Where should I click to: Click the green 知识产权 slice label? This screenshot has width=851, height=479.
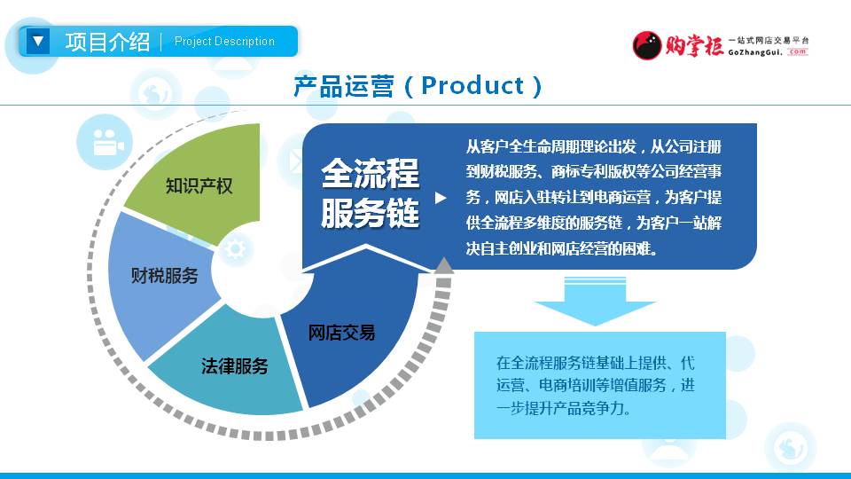(199, 186)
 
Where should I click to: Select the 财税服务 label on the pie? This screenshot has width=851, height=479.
(165, 275)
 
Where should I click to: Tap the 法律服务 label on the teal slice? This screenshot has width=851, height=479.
(234, 366)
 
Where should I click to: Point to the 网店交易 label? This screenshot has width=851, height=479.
(341, 333)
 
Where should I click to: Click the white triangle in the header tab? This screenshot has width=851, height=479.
(38, 42)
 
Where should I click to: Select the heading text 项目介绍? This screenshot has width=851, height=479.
(107, 42)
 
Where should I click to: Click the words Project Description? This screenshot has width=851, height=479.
(224, 42)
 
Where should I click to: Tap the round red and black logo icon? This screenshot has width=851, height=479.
(647, 45)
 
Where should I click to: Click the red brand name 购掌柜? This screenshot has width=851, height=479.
(695, 45)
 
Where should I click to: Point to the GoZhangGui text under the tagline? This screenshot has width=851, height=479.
(755, 52)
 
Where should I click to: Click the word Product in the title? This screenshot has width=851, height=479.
(472, 85)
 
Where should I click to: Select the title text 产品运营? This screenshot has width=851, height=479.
(344, 86)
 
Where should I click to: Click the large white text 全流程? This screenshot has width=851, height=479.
(371, 173)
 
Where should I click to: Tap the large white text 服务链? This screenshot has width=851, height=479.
(371, 212)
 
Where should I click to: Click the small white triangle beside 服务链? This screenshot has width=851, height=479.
(441, 198)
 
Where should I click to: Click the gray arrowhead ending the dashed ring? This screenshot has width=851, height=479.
(444, 265)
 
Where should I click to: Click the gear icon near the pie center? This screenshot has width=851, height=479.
(236, 248)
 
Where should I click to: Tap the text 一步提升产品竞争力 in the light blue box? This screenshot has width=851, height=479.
(564, 408)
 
